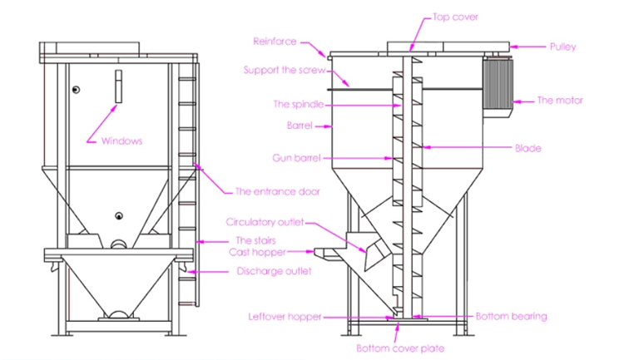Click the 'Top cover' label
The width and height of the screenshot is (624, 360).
[x=455, y=16]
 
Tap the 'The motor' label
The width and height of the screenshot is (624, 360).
[x=559, y=100]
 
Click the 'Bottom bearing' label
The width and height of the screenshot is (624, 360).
[x=510, y=316]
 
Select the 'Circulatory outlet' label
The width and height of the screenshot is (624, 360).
[x=265, y=222]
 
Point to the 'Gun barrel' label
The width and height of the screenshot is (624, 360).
[x=295, y=156]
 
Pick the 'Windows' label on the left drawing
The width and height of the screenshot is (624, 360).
[x=122, y=141]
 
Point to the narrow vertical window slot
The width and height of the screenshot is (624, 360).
[x=118, y=86]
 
